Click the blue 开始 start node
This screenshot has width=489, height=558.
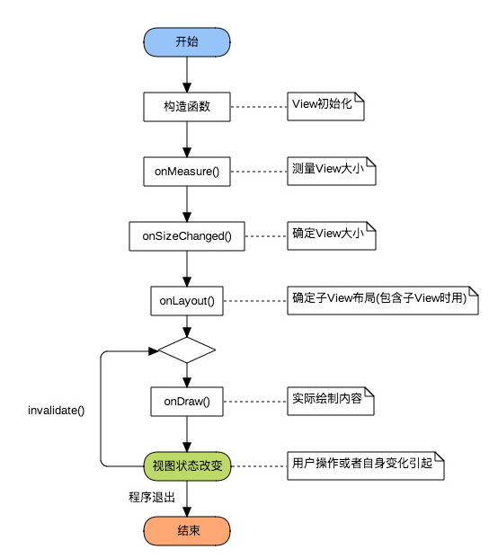pos(187,42)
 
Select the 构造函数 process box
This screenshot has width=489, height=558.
pos(187,107)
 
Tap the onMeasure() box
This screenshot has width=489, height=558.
pos(187,172)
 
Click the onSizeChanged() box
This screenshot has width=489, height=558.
pos(187,236)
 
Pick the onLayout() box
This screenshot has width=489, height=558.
pos(187,301)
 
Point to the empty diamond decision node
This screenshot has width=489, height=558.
pos(187,350)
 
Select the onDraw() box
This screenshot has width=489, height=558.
pos(187,402)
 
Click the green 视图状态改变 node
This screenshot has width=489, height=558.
pos(187,466)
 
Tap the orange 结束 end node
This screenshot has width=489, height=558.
pos(187,531)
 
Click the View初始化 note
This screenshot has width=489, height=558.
pos(325,106)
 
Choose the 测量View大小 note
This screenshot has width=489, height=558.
pos(332,171)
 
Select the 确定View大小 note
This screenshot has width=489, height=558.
pos(332,236)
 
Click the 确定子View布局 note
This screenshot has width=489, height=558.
pos(383,301)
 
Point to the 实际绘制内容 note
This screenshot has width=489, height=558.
pos(331,401)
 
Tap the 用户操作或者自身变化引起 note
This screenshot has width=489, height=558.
pos(366,465)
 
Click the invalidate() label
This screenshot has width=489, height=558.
pos(57,411)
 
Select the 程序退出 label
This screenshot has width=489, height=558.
pos(152,497)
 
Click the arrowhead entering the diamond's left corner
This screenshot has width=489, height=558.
pos(154,351)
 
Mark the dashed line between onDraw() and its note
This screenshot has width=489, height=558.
pos(255,402)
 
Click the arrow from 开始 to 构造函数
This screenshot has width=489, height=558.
pos(187,75)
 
